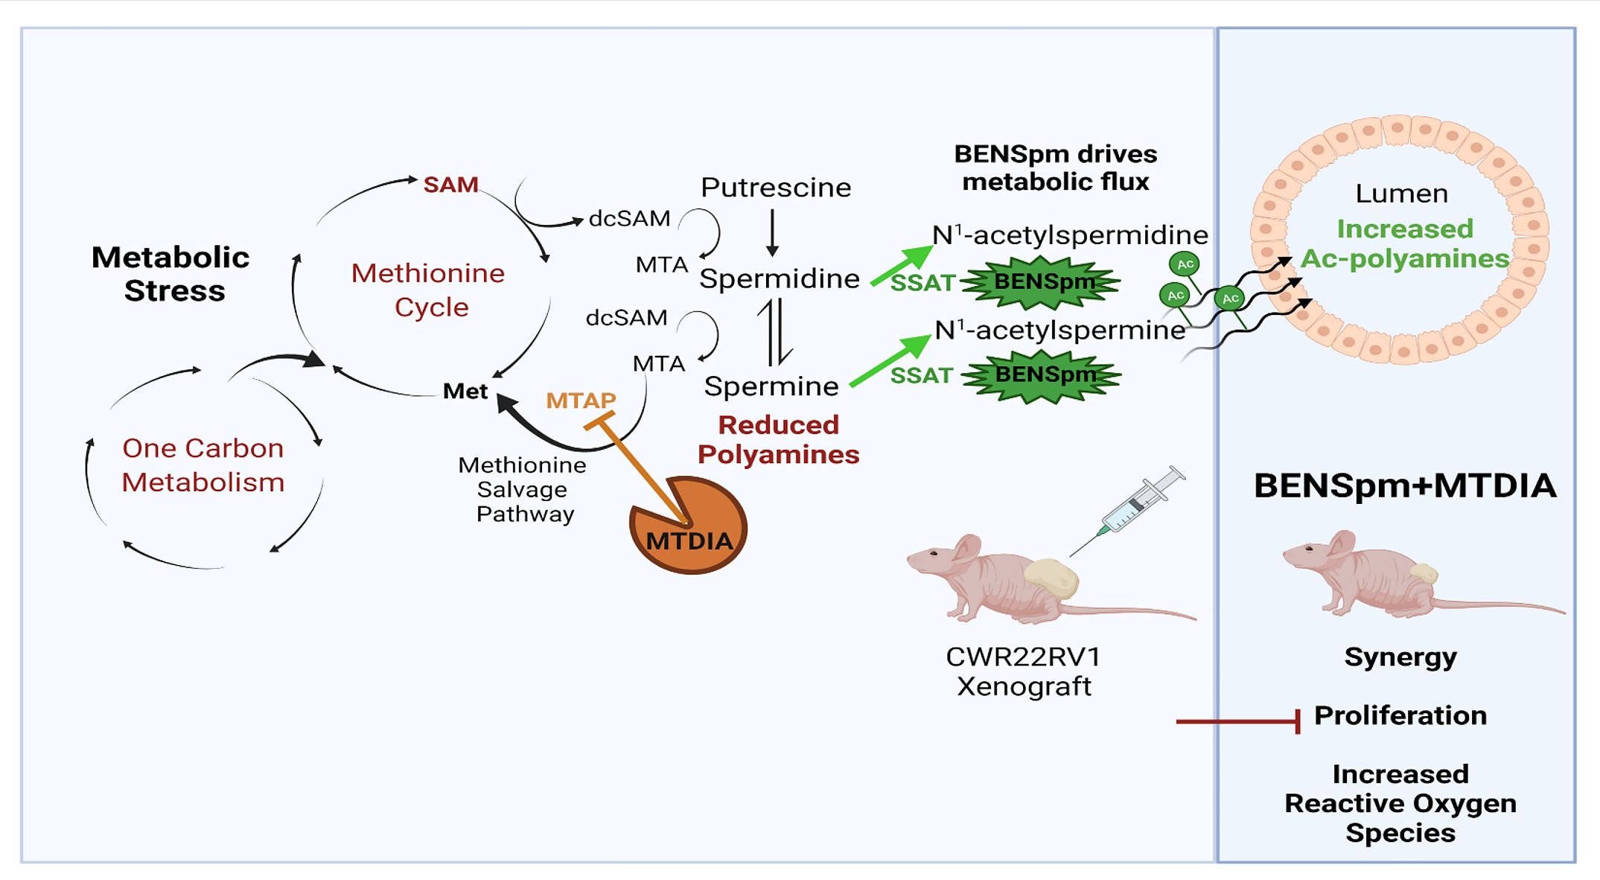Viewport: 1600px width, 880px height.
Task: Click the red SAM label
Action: point(450,185)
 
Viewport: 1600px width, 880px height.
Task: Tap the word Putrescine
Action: point(776,188)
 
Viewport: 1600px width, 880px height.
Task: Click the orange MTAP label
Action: point(581,401)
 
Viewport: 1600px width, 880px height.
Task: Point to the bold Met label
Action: point(465,391)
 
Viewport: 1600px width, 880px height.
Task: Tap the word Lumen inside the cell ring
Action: point(1401,194)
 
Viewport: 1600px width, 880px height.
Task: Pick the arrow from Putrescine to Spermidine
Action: point(772,232)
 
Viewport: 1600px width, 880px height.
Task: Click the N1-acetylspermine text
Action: point(1059,330)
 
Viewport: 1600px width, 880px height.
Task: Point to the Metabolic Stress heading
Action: point(172,273)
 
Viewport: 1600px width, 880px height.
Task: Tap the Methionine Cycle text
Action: point(428,290)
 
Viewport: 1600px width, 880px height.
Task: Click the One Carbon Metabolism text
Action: point(203,465)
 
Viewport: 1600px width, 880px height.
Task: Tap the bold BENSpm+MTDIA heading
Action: point(1405,485)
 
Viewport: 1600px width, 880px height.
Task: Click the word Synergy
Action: point(1400,657)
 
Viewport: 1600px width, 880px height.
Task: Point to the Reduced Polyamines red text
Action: point(778,439)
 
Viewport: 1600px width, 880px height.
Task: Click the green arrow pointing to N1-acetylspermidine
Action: point(902,265)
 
